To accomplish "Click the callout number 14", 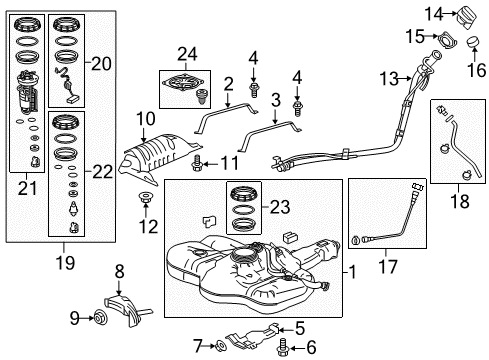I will click(430, 12).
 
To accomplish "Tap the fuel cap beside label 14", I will click(466, 18).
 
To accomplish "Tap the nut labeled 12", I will click(146, 205).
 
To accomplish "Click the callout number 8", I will click(120, 270).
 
